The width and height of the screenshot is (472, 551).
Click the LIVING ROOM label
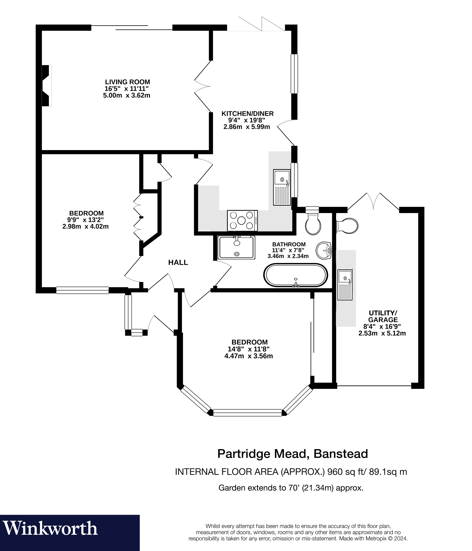tap(127, 82)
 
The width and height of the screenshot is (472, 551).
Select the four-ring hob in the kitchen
tap(242, 221)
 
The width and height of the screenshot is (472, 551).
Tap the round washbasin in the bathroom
tap(324, 250)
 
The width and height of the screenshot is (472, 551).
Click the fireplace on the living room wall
tap(47, 86)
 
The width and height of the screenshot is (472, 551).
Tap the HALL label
tap(178, 262)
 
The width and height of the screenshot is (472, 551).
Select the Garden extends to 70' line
tap(291, 488)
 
